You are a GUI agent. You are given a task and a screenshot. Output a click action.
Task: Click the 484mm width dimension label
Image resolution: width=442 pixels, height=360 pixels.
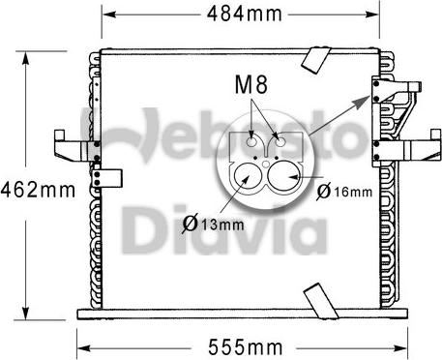click(244, 14)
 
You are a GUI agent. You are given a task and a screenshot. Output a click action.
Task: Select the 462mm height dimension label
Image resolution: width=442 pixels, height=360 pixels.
click(38, 190)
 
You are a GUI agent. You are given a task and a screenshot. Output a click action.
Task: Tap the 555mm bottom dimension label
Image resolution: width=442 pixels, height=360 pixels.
click(245, 347)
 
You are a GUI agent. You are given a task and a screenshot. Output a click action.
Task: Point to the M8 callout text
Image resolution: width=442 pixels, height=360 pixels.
click(251, 84)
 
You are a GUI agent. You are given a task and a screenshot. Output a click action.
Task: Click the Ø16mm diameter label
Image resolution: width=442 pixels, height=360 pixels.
click(344, 192)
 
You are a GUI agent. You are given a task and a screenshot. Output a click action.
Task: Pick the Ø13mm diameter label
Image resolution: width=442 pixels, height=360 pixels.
click(213, 224)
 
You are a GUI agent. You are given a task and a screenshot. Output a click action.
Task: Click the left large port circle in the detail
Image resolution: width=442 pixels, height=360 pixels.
click(248, 176)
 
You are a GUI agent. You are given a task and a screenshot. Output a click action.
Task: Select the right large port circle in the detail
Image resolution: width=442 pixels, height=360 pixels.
click(283, 176)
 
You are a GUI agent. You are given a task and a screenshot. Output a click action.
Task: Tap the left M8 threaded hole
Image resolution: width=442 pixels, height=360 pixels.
click(251, 141)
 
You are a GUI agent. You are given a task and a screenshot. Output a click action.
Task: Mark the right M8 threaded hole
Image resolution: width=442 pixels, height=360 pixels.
click(280, 141)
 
